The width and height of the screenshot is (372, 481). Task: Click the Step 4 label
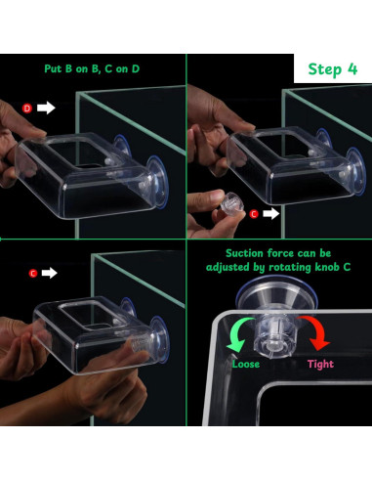click(x=333, y=69)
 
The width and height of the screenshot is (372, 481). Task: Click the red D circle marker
click(x=27, y=109)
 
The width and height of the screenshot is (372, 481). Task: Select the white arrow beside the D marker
click(x=46, y=108)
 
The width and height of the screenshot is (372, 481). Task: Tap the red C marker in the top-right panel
click(x=254, y=214)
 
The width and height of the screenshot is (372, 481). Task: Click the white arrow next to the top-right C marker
click(x=271, y=214)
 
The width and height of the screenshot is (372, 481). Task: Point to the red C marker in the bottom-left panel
click(x=33, y=273)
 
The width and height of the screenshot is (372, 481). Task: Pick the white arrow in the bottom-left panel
click(x=50, y=273)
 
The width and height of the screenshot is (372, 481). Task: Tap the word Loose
click(x=246, y=364)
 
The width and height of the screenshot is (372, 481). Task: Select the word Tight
click(x=320, y=364)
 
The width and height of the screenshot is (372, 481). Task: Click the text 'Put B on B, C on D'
click(x=92, y=68)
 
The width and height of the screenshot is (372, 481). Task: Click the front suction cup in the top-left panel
click(x=158, y=182)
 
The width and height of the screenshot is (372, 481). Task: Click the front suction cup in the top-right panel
click(x=356, y=172)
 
